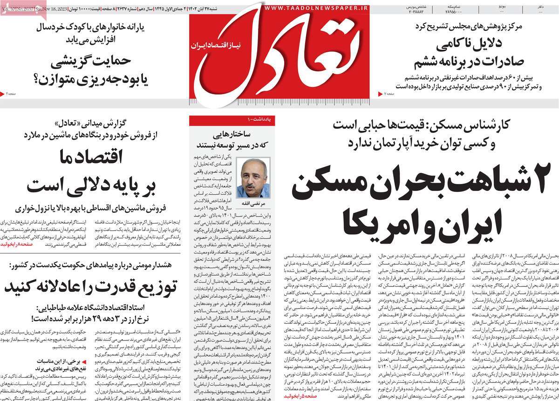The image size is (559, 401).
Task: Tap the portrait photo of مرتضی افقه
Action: pos(253,177)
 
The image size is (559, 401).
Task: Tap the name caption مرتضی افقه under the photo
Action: pos(253,203)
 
